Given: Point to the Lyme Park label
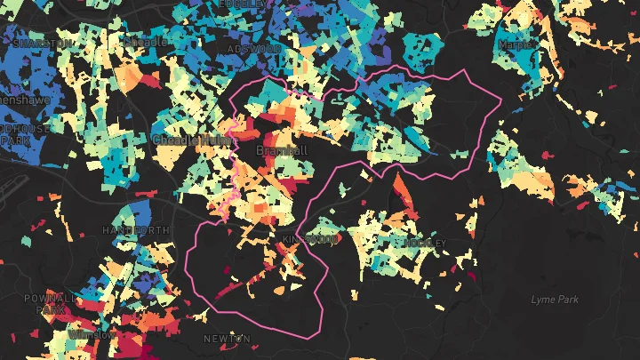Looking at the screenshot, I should tap(555, 300).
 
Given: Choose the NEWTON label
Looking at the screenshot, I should tap(227, 339).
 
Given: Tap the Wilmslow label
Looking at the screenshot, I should tap(92, 335).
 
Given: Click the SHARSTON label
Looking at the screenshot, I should tap(42, 43).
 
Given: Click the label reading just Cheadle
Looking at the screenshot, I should tap(144, 42).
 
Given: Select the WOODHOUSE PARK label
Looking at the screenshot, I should tap(25, 134).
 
